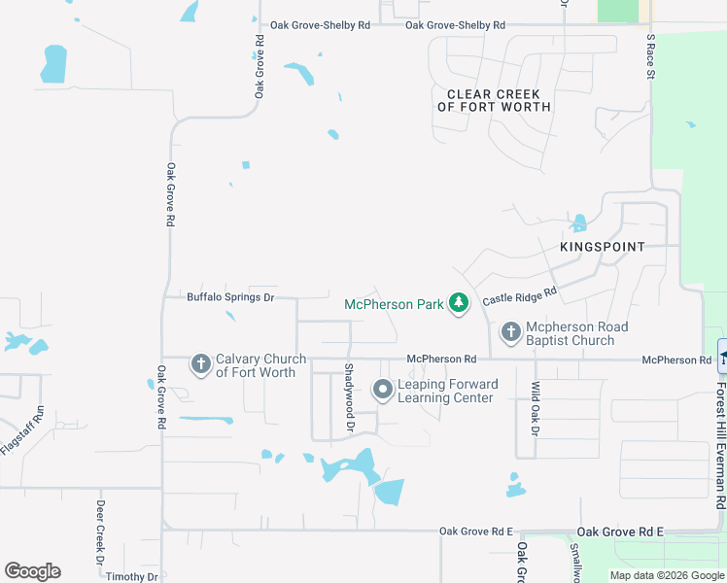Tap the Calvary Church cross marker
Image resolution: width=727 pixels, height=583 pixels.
click(201, 364)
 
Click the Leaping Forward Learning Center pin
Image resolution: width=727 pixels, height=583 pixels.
click(383, 391)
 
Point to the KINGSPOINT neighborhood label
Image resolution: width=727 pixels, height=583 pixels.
click(603, 247)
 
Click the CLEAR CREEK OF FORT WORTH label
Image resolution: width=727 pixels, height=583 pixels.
click(494, 101)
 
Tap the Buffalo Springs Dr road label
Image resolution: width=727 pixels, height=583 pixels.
click(231, 297)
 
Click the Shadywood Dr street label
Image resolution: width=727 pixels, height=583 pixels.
click(348, 388)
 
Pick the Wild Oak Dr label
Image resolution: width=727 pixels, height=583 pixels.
click(535, 407)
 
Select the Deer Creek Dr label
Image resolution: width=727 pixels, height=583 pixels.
click(100, 532)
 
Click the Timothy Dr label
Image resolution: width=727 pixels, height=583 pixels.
click(132, 576)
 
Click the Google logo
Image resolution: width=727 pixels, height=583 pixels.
click(32, 571)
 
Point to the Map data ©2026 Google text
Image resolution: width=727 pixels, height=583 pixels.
click(667, 575)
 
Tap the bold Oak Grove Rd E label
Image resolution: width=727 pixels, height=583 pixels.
click(620, 532)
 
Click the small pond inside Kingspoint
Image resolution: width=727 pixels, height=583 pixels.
click(579, 223)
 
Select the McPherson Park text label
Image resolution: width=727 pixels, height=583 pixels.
click(394, 304)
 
